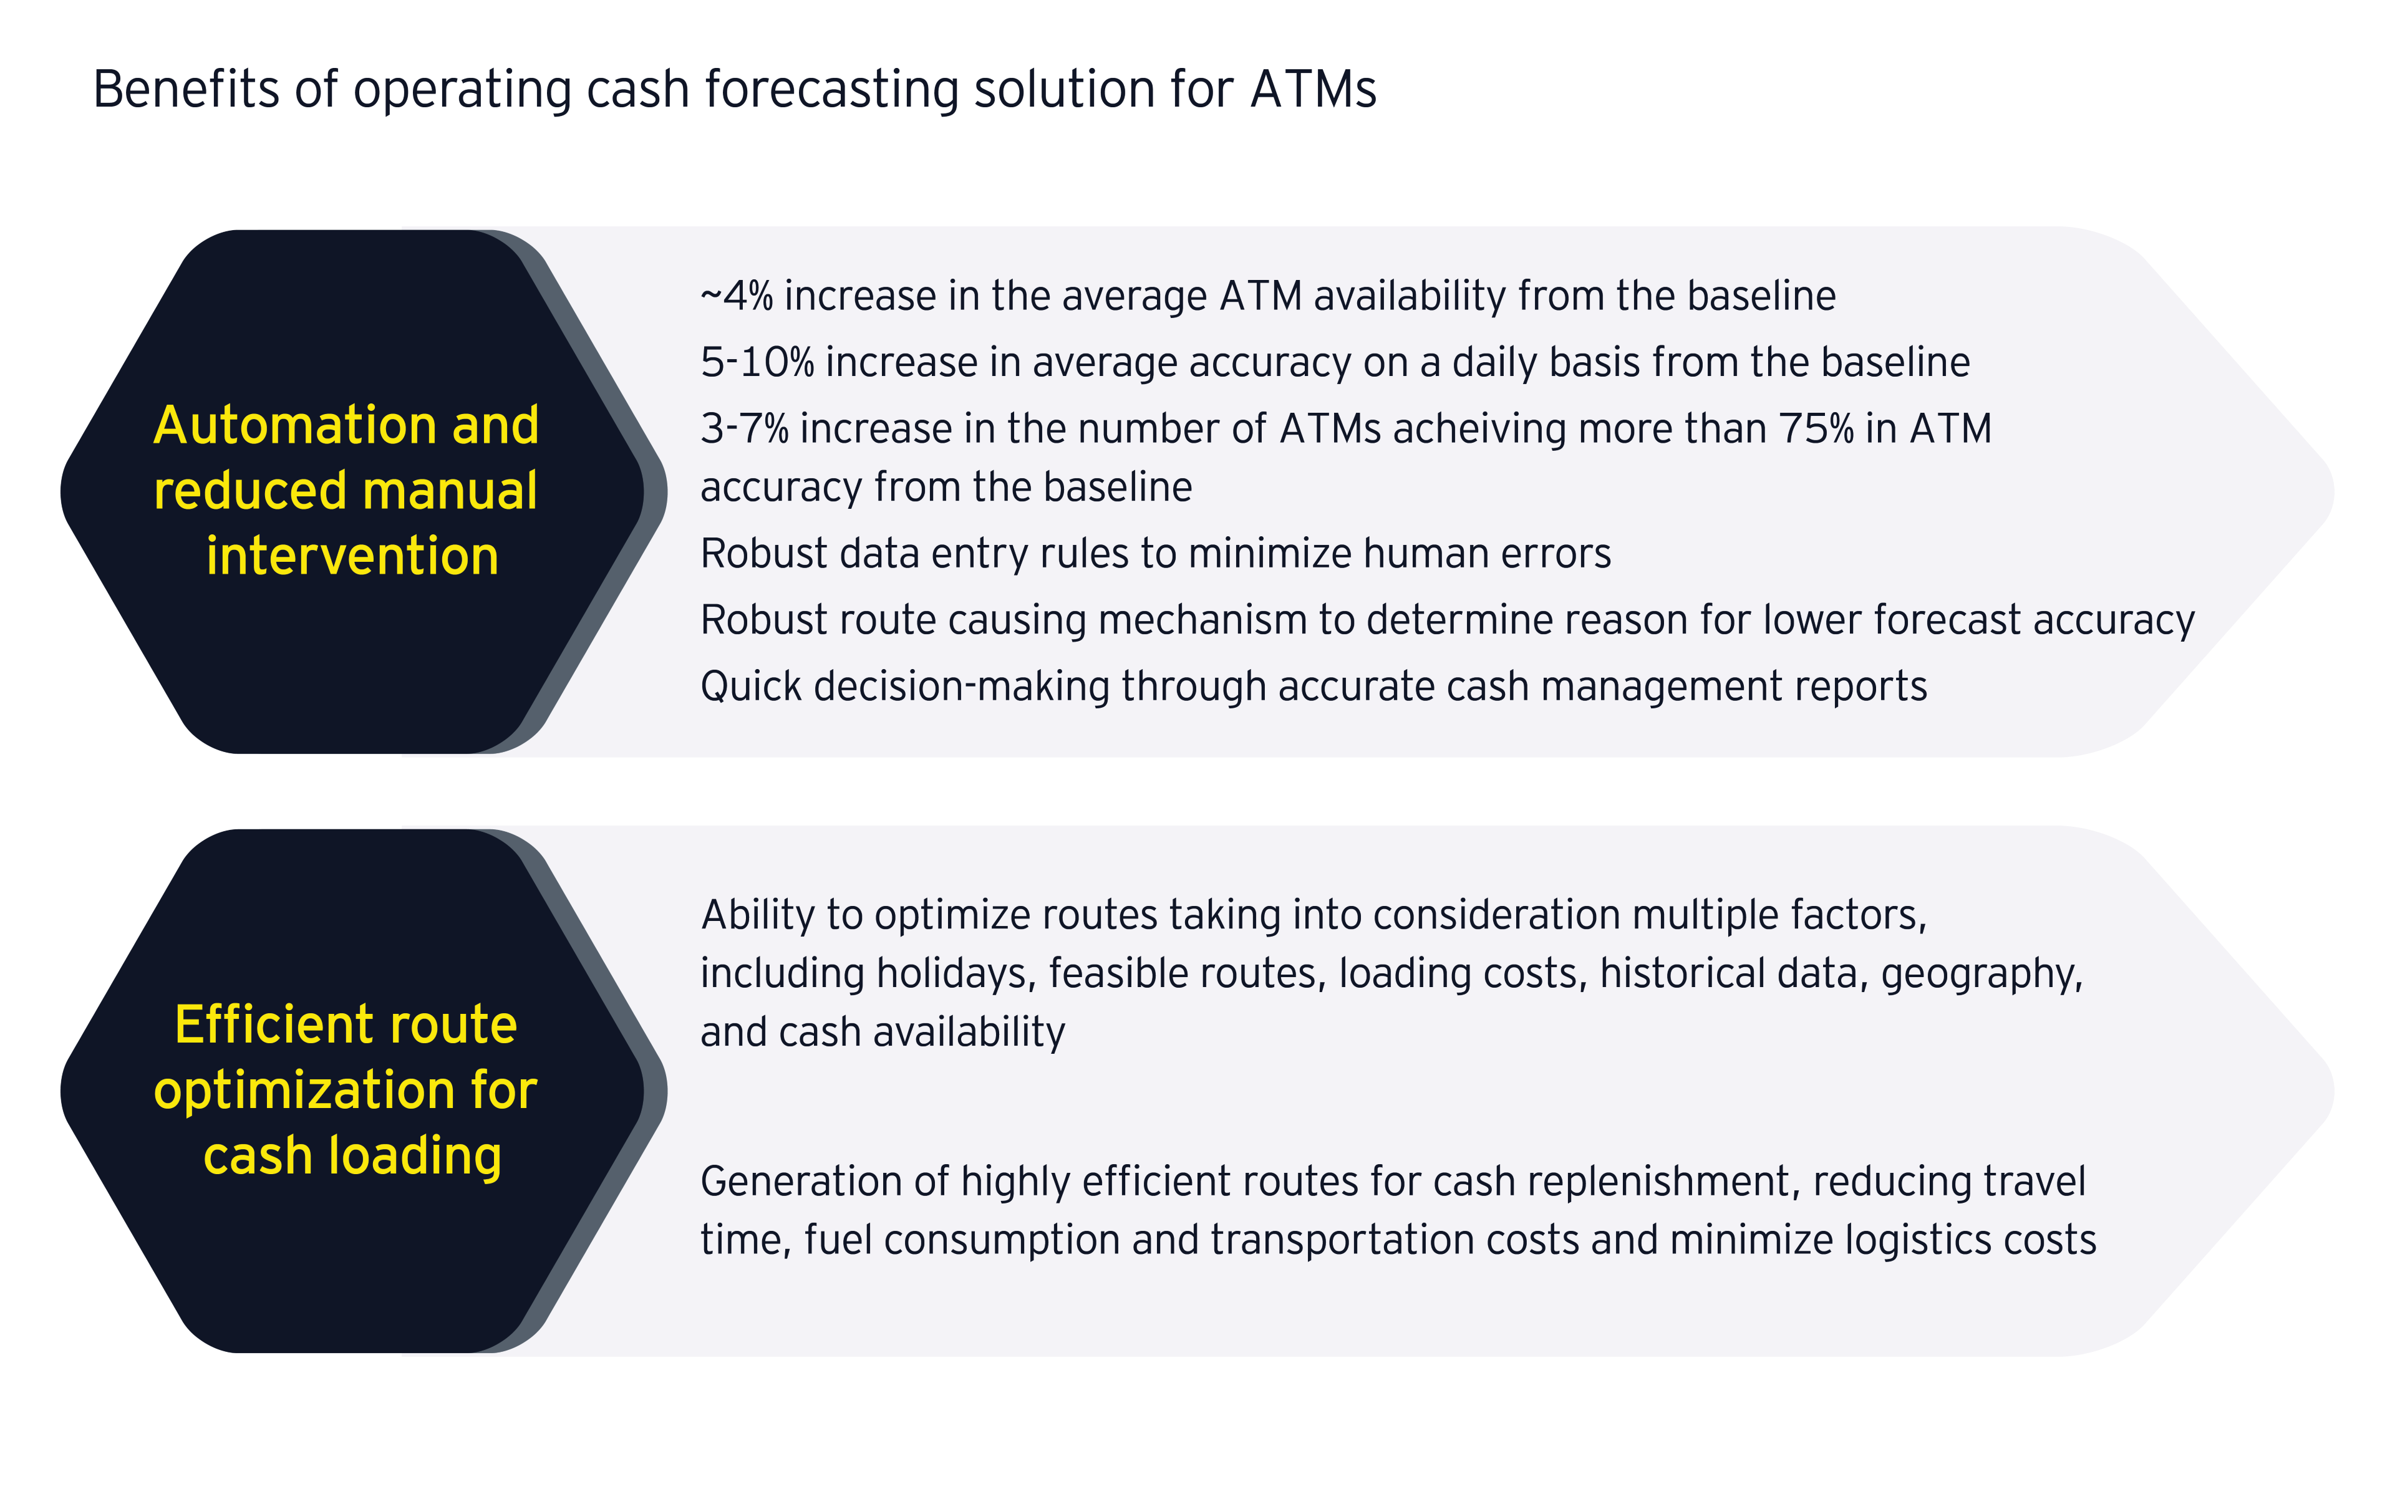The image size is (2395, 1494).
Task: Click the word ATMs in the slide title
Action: click(x=1313, y=89)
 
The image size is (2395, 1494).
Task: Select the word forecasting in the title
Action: click(x=831, y=90)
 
